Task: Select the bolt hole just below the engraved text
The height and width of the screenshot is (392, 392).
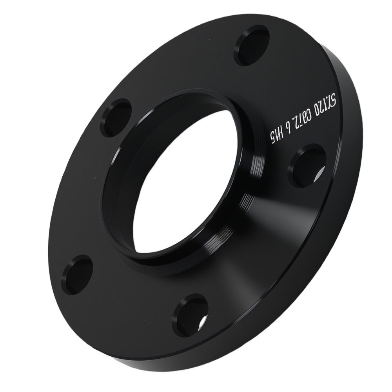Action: coord(307,165)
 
